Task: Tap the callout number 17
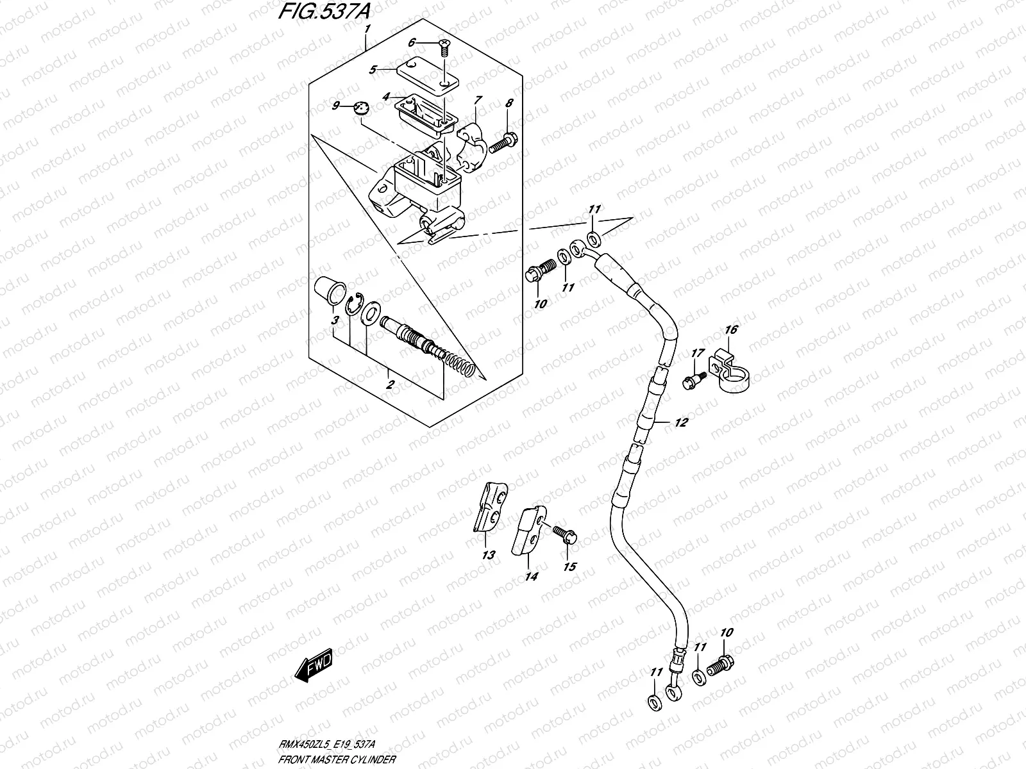click(x=698, y=353)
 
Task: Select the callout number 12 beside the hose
click(x=680, y=422)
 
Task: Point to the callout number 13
click(x=489, y=555)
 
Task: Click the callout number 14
click(x=531, y=576)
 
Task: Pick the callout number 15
click(x=569, y=566)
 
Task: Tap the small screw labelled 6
click(x=443, y=44)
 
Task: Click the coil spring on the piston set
click(x=460, y=365)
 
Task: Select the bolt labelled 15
click(x=564, y=533)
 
